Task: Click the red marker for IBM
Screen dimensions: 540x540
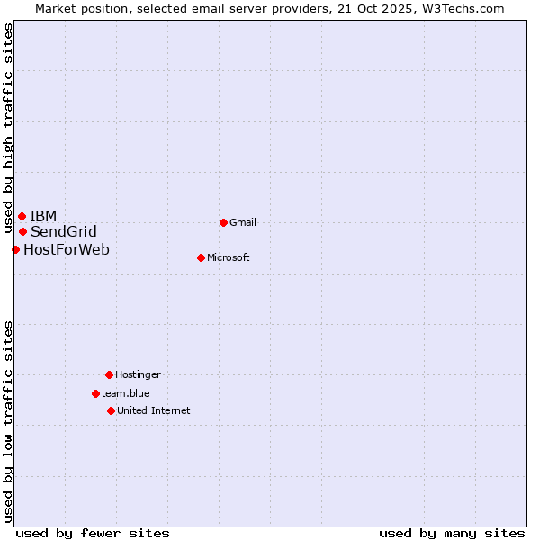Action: pos(22,216)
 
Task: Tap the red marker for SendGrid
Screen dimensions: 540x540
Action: pos(22,231)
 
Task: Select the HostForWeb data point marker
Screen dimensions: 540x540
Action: pos(15,249)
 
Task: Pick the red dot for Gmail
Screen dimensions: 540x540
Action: pos(223,222)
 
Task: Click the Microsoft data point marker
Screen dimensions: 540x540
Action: pos(201,257)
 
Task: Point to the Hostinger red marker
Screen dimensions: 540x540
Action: pos(109,374)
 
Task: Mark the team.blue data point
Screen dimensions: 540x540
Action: pos(95,393)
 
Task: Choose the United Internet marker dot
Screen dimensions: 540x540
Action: pos(111,410)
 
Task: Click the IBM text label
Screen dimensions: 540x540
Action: pos(43,216)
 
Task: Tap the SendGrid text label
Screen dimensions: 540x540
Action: pos(63,231)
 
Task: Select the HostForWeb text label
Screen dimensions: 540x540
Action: pos(67,249)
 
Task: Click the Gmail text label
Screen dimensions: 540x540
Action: pos(243,222)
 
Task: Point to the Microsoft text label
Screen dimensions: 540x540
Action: pos(228,257)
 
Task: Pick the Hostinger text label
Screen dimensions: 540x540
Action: pos(138,374)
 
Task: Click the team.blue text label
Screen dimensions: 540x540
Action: pos(126,393)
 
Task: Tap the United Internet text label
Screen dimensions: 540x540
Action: pos(153,410)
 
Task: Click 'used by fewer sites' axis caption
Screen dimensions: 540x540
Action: pos(93,533)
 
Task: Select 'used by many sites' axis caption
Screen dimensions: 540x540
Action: pos(452,533)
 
